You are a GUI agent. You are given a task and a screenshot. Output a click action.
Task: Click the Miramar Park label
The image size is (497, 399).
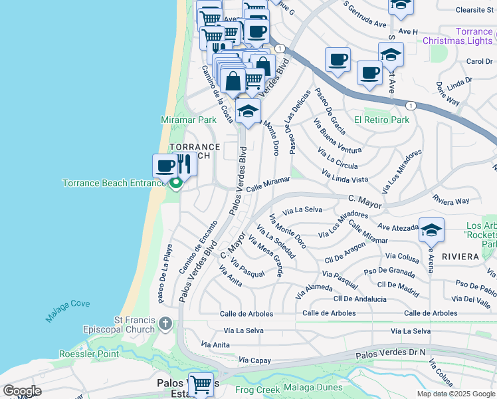point(189,120)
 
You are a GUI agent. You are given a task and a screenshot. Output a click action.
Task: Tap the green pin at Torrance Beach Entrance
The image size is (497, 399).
point(176,182)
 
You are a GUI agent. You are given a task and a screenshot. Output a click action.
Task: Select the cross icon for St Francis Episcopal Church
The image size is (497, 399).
point(165,325)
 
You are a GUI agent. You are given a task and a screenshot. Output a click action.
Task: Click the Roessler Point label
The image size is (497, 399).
point(89,354)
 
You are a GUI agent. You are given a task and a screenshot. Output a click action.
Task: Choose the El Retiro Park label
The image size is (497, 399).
point(381,120)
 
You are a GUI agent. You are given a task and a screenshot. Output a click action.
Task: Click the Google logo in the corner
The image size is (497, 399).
point(22,391)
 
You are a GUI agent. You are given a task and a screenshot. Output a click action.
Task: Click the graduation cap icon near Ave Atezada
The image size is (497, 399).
point(431,230)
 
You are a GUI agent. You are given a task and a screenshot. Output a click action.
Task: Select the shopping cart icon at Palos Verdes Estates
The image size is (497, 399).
point(200,384)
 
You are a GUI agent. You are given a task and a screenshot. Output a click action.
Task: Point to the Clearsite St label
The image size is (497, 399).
point(474,10)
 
